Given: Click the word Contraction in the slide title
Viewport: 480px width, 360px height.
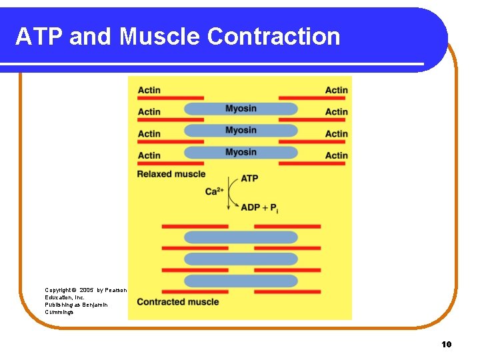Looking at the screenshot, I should click(x=273, y=36).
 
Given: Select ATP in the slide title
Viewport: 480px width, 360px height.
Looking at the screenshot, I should click(x=39, y=36).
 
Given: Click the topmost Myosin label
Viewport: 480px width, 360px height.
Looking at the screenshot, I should click(x=241, y=109).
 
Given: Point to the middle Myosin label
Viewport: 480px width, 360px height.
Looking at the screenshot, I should click(x=241, y=131).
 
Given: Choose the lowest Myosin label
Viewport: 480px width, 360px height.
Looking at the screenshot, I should click(x=241, y=152).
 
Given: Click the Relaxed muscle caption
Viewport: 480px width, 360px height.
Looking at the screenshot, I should click(x=171, y=174).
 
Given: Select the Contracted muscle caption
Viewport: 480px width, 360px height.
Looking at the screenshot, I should click(x=177, y=301).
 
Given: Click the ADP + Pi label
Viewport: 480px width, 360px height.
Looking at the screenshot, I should click(x=260, y=207).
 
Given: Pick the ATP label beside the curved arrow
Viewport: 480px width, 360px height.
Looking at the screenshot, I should click(x=249, y=179).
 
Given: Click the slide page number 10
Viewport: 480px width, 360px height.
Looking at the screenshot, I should click(x=446, y=344).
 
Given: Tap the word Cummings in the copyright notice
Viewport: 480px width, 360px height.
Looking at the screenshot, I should click(x=60, y=312).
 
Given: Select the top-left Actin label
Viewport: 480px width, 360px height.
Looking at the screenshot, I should click(x=149, y=91).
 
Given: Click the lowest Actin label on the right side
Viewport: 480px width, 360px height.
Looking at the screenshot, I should click(x=336, y=155).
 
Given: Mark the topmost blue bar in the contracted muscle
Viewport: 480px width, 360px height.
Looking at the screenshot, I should click(x=241, y=237).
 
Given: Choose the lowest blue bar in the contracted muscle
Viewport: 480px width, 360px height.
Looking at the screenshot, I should click(x=241, y=281).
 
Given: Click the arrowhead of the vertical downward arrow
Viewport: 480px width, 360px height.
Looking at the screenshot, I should click(x=229, y=209).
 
